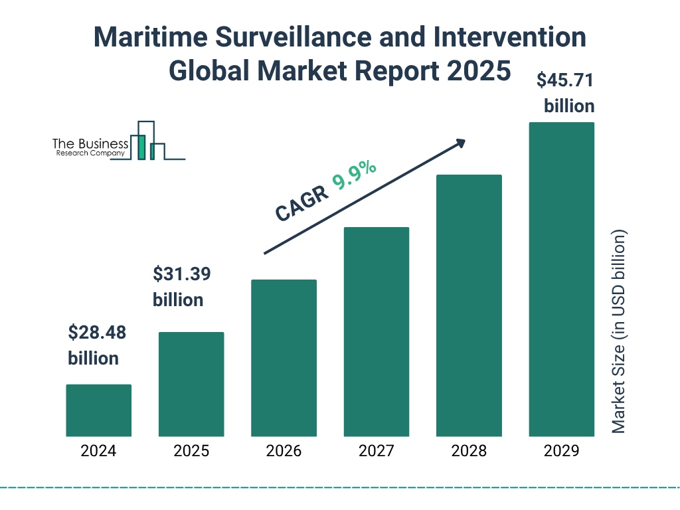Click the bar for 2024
point(98,410)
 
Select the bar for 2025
point(191,384)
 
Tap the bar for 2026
point(284,358)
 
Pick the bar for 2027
point(376,331)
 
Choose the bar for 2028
point(469,305)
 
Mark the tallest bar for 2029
point(561,279)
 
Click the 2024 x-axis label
point(98,452)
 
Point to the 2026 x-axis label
point(284,452)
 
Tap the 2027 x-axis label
point(376,452)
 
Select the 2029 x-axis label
point(561,452)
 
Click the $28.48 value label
point(97,333)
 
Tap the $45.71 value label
point(565,81)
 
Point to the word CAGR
point(301,203)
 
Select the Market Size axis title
point(619,332)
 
